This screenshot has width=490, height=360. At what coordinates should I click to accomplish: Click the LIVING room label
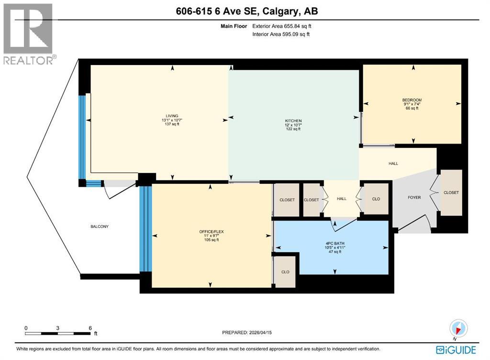click(x=172, y=116)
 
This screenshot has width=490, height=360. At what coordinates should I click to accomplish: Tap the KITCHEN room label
click(x=293, y=121)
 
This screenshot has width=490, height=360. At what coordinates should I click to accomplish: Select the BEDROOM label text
click(x=412, y=100)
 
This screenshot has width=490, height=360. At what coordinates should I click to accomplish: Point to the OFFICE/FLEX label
click(x=212, y=232)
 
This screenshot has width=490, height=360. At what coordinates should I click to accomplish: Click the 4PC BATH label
click(x=332, y=243)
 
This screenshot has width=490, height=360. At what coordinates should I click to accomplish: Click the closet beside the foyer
click(x=451, y=192)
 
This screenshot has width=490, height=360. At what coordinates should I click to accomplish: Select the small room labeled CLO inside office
click(x=285, y=272)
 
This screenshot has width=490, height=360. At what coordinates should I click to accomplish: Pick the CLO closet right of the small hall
click(x=376, y=199)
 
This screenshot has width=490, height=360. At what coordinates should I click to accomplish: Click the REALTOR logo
click(x=28, y=34)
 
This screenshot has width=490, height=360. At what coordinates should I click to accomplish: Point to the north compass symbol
click(x=458, y=329)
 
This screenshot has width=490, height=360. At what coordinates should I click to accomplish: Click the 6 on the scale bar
click(x=90, y=327)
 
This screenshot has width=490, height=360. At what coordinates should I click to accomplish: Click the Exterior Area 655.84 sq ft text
click(x=284, y=27)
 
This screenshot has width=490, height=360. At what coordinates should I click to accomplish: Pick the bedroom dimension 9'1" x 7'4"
click(x=412, y=104)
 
